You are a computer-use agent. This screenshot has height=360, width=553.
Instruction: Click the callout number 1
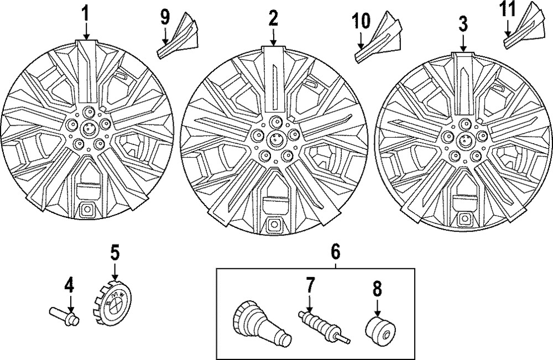click(85, 13)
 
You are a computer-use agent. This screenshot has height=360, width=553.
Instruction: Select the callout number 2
click(273, 18)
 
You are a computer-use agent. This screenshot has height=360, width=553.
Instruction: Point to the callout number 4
click(69, 285)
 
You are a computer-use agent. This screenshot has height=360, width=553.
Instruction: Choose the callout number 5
click(114, 253)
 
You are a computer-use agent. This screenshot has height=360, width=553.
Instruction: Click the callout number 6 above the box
click(335, 252)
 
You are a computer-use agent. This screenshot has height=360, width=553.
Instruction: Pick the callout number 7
click(310, 286)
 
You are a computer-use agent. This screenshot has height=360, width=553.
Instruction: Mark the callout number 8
click(377, 288)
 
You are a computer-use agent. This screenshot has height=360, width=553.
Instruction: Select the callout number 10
click(360, 22)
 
